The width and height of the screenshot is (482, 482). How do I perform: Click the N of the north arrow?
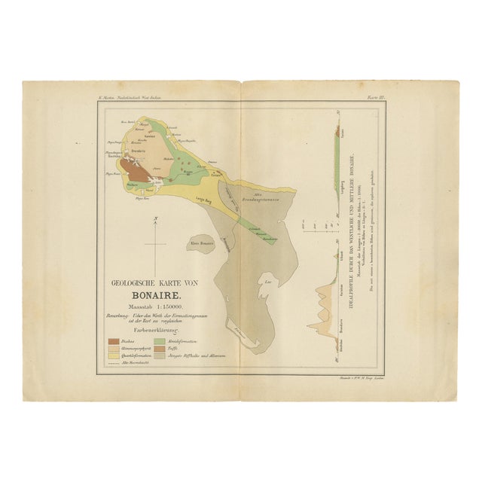tap(154, 219)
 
